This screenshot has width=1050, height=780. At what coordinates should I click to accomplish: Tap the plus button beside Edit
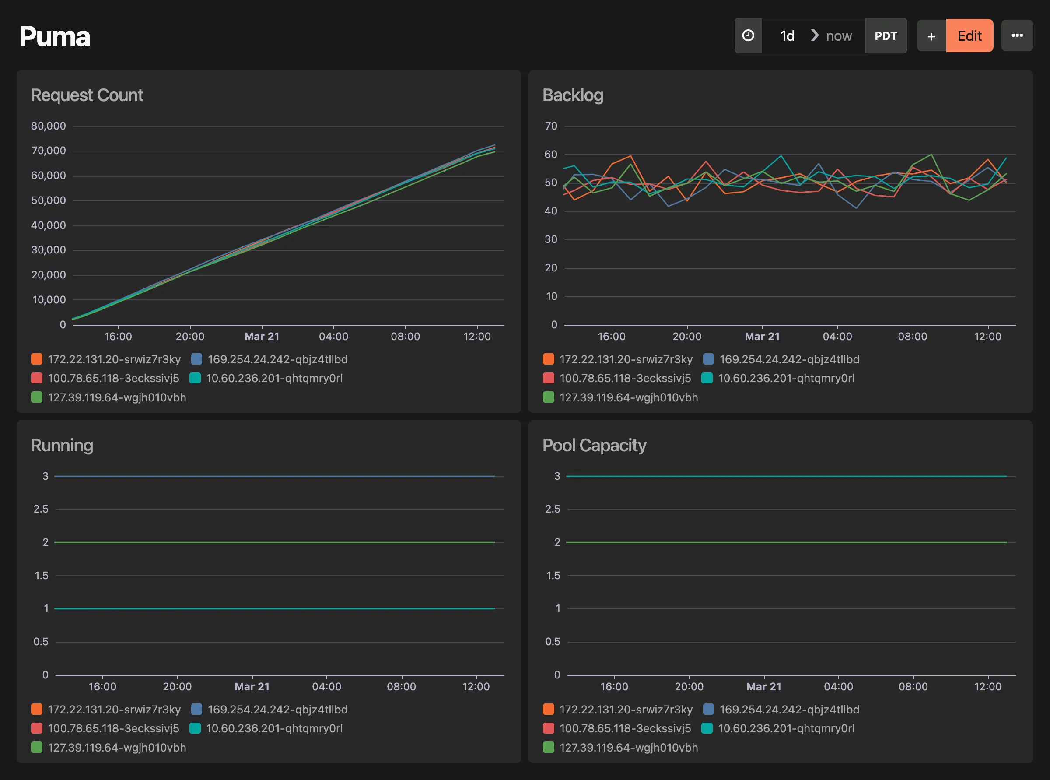[931, 36]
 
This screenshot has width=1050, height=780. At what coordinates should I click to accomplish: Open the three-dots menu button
[1017, 36]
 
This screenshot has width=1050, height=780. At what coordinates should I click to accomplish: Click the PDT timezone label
[885, 36]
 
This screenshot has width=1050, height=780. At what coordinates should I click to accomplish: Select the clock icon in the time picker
[748, 36]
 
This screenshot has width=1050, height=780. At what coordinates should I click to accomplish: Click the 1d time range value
[787, 36]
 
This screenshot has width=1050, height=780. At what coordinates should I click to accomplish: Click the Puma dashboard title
[55, 36]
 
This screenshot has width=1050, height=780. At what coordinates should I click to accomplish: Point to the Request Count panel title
[87, 95]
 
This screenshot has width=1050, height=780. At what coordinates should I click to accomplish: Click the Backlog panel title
[572, 95]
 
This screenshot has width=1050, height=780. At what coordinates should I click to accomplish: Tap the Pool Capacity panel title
[594, 445]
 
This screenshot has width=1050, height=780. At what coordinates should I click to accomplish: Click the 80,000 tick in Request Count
[48, 126]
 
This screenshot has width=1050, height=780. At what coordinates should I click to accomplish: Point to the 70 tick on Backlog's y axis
[551, 126]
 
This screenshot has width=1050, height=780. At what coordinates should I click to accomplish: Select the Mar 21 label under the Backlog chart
[762, 337]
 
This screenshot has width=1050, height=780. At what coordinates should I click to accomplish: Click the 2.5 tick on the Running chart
[41, 509]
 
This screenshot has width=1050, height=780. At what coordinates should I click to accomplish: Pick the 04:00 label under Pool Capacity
[838, 686]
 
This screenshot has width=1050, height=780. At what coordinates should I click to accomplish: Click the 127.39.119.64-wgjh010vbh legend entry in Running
[116, 748]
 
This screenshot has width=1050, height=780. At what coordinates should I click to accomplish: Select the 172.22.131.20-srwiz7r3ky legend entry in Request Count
[114, 359]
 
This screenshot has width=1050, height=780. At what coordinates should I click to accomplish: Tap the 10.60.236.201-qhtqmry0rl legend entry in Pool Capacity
[786, 728]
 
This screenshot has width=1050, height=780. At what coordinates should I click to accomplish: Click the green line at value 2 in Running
[274, 542]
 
